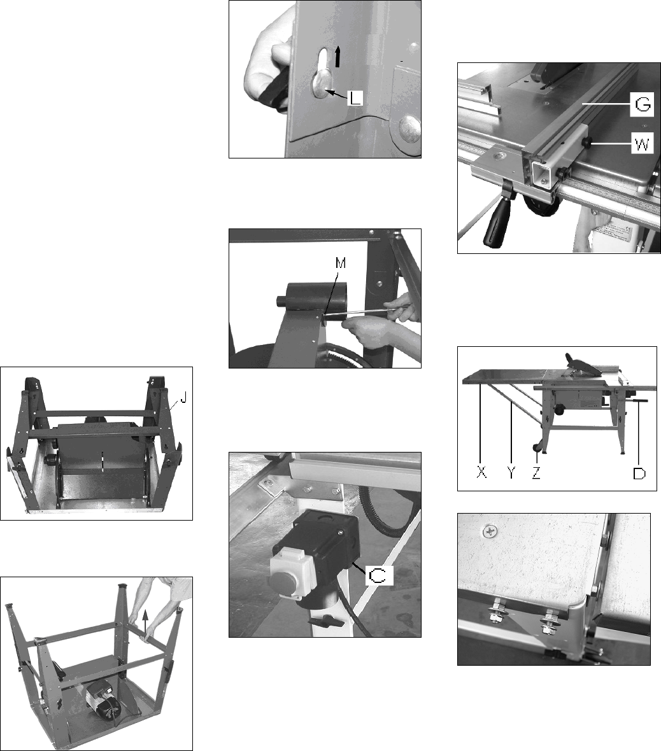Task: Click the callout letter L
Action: point(354,98)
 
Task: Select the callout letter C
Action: point(378,575)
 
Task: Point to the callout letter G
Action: point(643,104)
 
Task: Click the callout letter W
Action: point(642,143)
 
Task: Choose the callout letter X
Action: point(481,473)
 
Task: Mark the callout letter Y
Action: point(511,473)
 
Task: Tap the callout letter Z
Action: point(536,473)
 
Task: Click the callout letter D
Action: point(639,473)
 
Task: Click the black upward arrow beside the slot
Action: point(338,56)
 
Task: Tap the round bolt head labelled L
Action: point(322,84)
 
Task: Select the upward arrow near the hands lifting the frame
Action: point(145,620)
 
